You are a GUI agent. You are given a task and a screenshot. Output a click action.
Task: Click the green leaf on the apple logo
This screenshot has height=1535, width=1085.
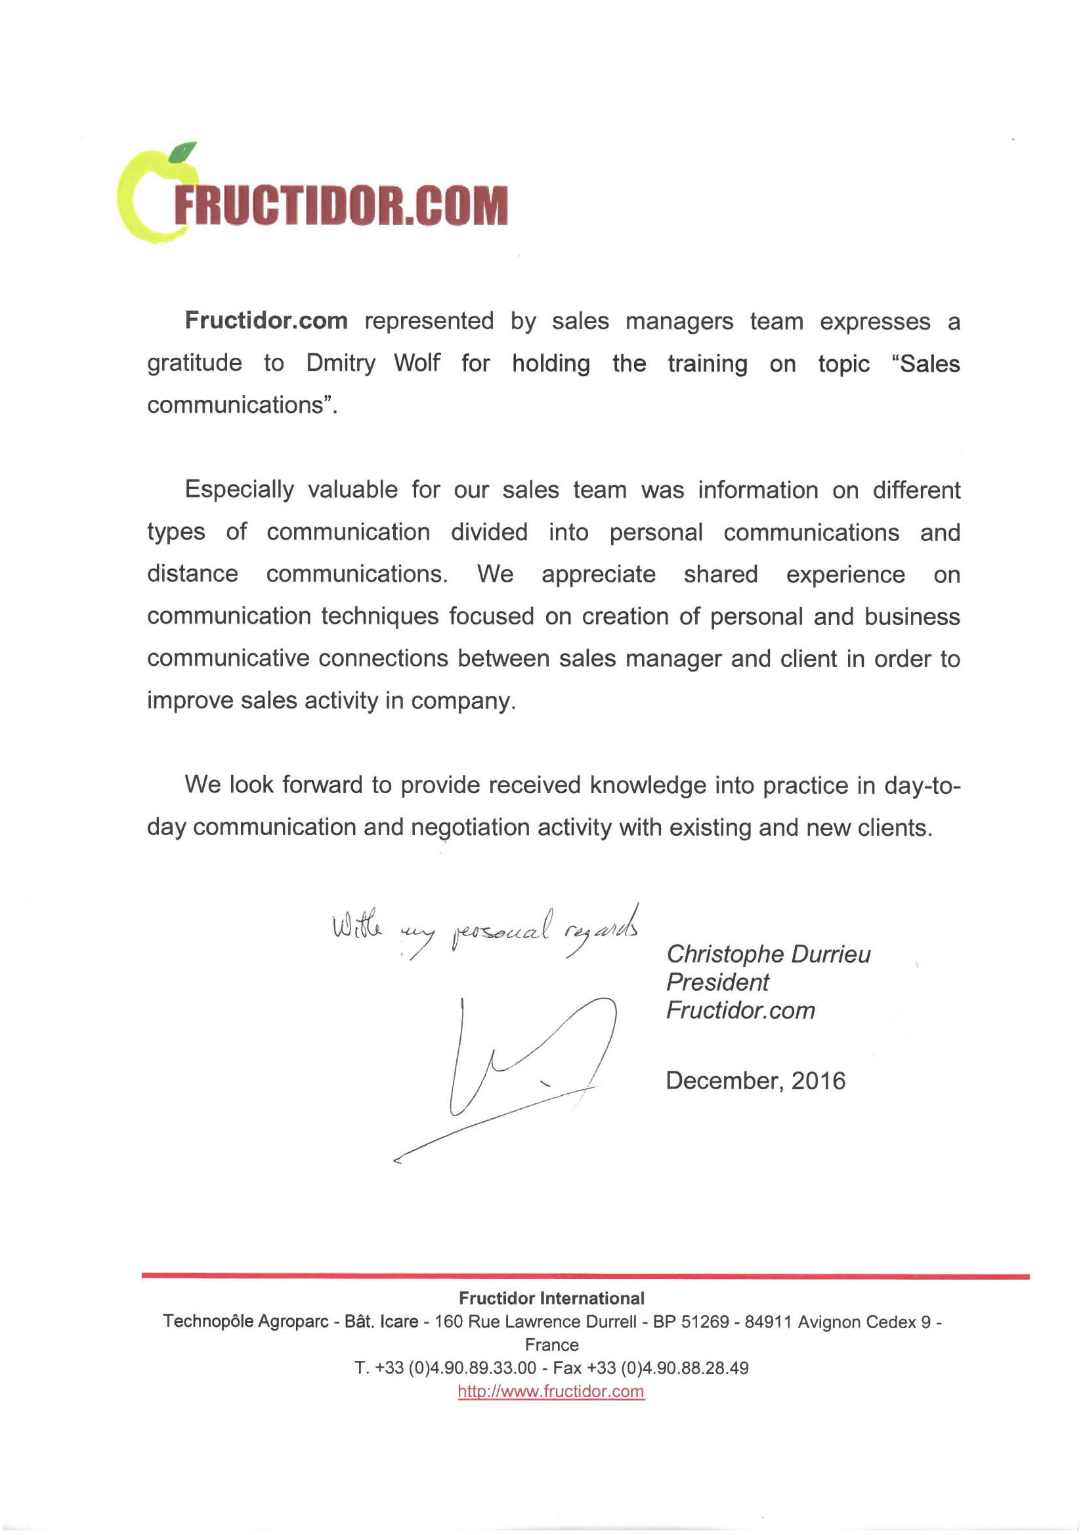tap(182, 152)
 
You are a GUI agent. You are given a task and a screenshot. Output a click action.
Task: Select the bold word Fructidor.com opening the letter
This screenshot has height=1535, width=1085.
tap(266, 321)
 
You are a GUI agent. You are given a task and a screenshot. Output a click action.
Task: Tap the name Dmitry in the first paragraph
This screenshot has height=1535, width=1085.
tap(340, 363)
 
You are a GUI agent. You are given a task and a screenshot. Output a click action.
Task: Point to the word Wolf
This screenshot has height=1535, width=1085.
tap(417, 363)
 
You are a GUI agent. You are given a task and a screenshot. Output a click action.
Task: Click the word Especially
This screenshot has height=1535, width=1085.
tap(239, 490)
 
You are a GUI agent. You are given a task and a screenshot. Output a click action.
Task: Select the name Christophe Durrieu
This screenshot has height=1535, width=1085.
tap(768, 954)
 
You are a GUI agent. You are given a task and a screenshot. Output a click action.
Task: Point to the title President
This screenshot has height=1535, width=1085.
tap(717, 982)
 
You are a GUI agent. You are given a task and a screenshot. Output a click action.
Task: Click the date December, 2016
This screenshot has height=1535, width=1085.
tap(755, 1081)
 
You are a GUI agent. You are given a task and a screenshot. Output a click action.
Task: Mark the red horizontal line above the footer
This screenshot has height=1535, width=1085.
tap(585, 1276)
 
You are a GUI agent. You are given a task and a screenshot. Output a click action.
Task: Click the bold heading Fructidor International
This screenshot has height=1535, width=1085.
tap(551, 1299)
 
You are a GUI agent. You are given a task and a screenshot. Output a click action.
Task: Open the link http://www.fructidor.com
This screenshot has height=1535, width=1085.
tap(551, 1392)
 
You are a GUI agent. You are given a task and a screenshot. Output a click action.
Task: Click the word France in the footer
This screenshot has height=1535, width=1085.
tap(551, 1345)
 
